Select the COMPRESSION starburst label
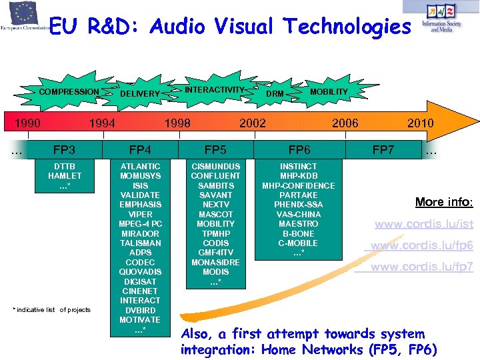click(69, 92)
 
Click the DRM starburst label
click(275, 94)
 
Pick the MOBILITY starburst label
click(329, 91)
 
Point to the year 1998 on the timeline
click(177, 123)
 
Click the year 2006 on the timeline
click(345, 123)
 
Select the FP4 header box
click(140, 150)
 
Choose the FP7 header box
click(383, 150)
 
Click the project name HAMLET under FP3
click(65, 176)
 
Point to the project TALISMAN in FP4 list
click(140, 243)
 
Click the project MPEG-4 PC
click(140, 224)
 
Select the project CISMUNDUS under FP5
click(215, 166)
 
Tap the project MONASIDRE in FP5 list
click(215, 263)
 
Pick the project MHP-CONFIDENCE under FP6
click(299, 185)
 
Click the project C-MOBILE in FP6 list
click(299, 243)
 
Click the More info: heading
click(444, 201)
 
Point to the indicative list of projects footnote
click(51, 310)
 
